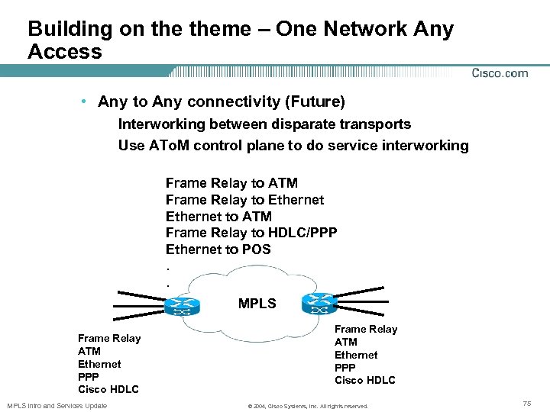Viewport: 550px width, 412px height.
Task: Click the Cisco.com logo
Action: pyautogui.click(x=500, y=73)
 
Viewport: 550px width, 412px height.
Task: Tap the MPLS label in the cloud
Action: pyautogui.click(x=257, y=304)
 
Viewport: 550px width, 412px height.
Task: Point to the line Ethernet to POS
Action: pyautogui.click(x=218, y=249)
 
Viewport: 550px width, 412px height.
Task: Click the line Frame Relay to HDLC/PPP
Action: pyautogui.click(x=251, y=233)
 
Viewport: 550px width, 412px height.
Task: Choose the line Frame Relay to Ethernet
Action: pyautogui.click(x=244, y=200)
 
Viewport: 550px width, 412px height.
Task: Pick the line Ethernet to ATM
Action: pyautogui.click(x=218, y=217)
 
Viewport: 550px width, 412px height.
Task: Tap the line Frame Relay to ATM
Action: pyautogui.click(x=231, y=183)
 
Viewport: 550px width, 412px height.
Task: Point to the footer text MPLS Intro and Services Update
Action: pyautogui.click(x=57, y=405)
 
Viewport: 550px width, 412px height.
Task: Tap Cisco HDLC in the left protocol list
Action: pyautogui.click(x=108, y=389)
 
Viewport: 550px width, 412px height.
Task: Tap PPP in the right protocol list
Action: pyautogui.click(x=345, y=368)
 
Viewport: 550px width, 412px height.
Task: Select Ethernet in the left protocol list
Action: pyautogui.click(x=99, y=364)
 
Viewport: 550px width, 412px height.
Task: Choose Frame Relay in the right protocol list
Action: pyautogui.click(x=366, y=329)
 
